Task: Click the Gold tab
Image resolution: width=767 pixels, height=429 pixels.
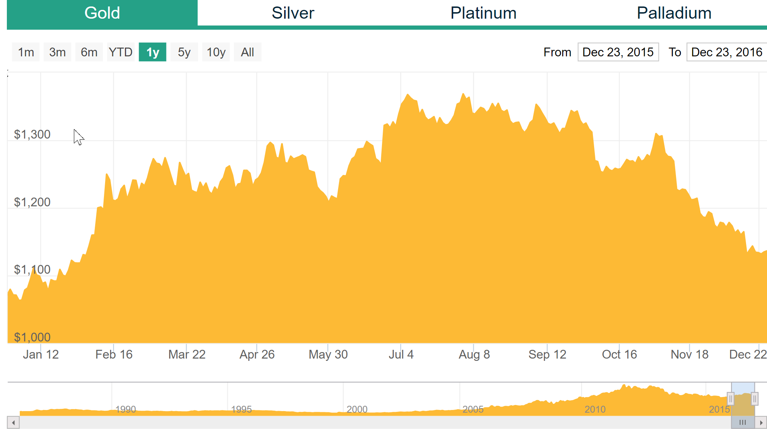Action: click(102, 13)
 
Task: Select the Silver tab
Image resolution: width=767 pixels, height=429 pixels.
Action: click(293, 13)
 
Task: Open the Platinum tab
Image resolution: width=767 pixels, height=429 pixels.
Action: click(483, 13)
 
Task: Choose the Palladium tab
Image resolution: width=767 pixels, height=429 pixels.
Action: click(674, 13)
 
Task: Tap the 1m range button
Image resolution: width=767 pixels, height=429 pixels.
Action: click(26, 52)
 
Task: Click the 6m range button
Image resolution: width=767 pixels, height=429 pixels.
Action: click(89, 52)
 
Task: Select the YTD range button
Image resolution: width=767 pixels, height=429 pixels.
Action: click(120, 52)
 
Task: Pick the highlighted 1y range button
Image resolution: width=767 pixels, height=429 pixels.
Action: click(152, 52)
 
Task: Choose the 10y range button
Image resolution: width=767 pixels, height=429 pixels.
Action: click(216, 52)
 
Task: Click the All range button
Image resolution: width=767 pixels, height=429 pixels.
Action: click(248, 52)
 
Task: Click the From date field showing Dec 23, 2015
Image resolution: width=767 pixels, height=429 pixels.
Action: click(618, 52)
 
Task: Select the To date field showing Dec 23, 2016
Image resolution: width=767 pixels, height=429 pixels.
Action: click(727, 52)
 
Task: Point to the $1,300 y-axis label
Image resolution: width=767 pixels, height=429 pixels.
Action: click(32, 134)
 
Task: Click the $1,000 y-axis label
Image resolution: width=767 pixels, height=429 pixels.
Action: click(32, 337)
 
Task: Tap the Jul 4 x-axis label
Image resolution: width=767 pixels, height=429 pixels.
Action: click(401, 354)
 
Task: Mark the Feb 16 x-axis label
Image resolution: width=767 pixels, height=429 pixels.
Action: click(114, 354)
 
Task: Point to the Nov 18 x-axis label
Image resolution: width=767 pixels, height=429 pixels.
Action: click(689, 354)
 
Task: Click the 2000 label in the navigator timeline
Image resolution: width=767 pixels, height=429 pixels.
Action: click(357, 409)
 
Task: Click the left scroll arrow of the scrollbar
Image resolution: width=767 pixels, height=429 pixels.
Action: click(13, 423)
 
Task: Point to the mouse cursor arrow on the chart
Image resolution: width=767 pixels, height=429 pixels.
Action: click(78, 137)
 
